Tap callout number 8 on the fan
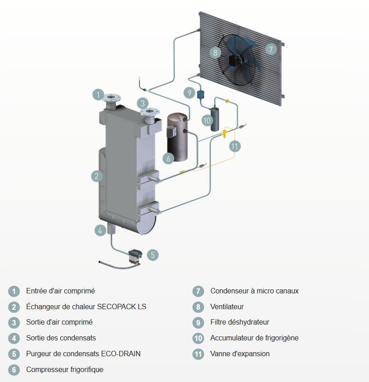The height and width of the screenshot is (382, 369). point(215,52)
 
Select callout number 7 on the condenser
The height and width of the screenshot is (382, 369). point(271,49)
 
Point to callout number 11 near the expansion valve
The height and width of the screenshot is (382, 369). point(234,146)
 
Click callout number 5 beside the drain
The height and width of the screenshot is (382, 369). point(153,255)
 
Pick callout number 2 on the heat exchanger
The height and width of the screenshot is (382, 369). point(97,176)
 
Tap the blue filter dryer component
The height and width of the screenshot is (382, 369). point(201,94)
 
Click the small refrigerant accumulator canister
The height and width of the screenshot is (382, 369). point(214,117)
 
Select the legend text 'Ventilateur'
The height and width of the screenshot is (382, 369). point(227,307)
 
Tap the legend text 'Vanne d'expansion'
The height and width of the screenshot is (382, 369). point(240,354)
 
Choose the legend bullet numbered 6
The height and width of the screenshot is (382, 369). point(14,370)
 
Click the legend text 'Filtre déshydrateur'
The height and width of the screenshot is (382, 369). point(239,322)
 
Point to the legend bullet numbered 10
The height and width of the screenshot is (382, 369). point(198,338)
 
